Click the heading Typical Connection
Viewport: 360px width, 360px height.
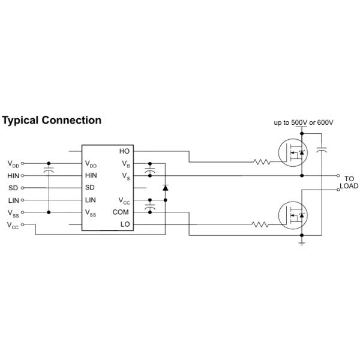52,120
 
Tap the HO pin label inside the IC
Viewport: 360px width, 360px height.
124,151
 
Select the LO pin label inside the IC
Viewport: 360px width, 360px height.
125,224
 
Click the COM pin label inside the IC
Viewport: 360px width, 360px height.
120,212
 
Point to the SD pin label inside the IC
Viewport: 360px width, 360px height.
90,187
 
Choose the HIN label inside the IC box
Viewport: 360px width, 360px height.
91,175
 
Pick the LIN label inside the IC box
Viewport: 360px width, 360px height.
91,200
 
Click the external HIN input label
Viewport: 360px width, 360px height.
14,175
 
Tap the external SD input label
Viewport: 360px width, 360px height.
13,187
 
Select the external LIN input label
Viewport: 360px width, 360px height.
14,200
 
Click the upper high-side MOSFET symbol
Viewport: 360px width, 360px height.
293,153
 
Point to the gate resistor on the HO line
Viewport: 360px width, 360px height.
262,162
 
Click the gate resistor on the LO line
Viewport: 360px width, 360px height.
260,224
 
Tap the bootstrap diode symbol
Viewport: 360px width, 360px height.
165,188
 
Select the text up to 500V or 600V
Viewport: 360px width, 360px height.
304,122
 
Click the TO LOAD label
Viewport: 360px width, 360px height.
349,182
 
